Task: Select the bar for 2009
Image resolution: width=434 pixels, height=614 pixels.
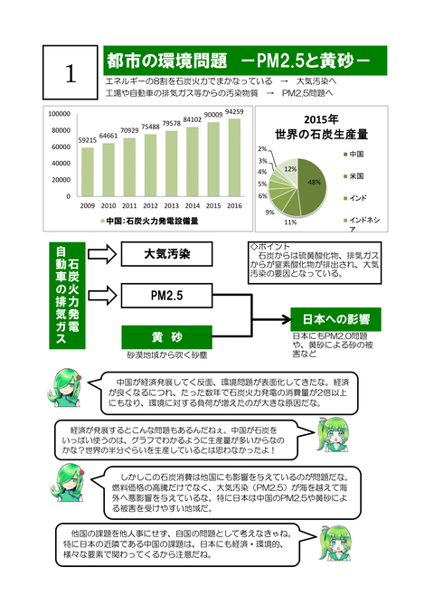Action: pyautogui.click(x=87, y=171)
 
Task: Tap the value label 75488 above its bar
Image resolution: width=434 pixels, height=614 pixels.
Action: pyautogui.click(x=150, y=128)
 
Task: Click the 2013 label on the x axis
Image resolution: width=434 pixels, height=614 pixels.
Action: pyautogui.click(x=171, y=205)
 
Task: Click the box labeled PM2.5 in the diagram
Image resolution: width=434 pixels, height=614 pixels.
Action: pyautogui.click(x=167, y=296)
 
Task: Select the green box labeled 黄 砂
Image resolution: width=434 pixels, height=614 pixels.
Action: pyautogui.click(x=167, y=336)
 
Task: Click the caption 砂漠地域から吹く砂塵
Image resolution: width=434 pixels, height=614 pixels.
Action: pyautogui.click(x=167, y=355)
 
